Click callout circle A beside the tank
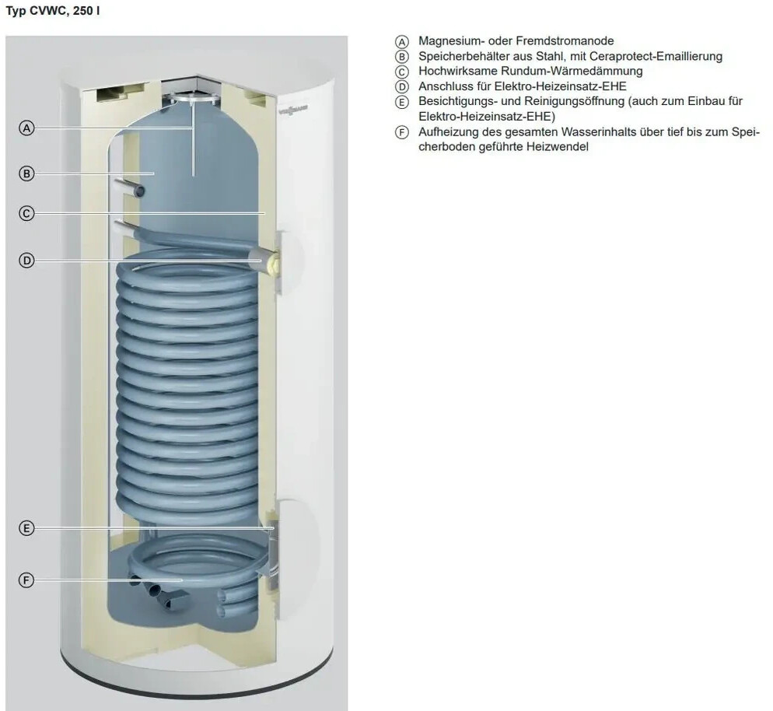click(26, 128)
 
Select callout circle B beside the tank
click(26, 173)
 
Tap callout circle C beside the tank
click(26, 213)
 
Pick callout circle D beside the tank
click(26, 261)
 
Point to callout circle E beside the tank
click(26, 528)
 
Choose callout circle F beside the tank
click(26, 580)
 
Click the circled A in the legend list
click(402, 41)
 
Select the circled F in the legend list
click(402, 133)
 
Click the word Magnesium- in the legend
click(451, 41)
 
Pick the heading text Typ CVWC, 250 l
click(53, 11)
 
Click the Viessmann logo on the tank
click(293, 110)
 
